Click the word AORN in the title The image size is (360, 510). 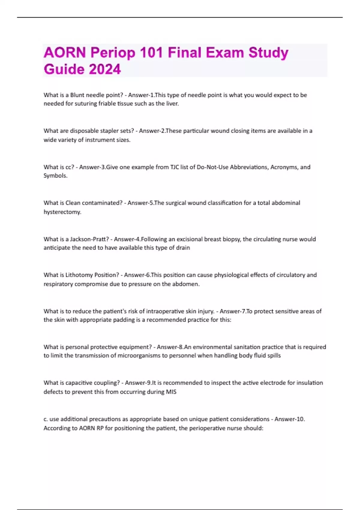pyautogui.click(x=64, y=53)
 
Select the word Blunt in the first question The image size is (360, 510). pyautogui.click(x=77, y=95)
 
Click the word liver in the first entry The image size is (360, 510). pyautogui.click(x=172, y=104)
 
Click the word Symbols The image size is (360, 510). pyautogui.click(x=55, y=176)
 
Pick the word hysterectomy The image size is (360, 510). pyautogui.click(x=62, y=212)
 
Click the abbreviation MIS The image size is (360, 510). pyautogui.click(x=171, y=392)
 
